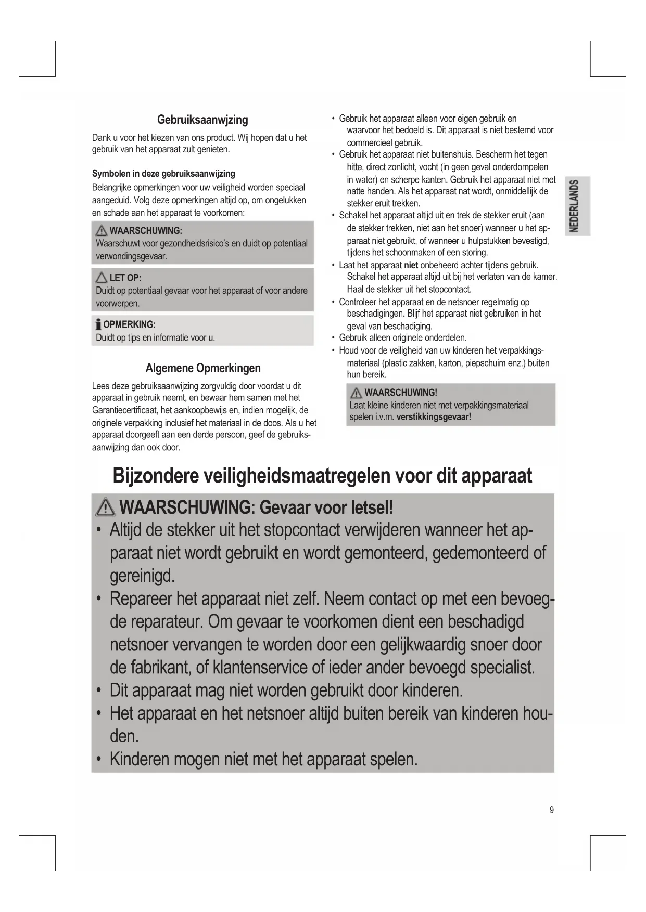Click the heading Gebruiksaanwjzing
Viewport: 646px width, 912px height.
(x=202, y=120)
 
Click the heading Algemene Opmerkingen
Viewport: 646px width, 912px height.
(x=203, y=369)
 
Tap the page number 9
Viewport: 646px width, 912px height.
(x=552, y=810)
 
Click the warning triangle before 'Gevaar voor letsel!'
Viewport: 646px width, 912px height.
(x=106, y=507)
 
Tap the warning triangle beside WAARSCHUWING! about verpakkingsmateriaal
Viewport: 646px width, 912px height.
(x=356, y=393)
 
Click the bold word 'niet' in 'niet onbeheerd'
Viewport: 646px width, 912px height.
(x=411, y=265)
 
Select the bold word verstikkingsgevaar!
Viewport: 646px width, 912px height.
(x=434, y=417)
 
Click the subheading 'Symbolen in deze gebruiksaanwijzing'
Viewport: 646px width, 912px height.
(x=163, y=174)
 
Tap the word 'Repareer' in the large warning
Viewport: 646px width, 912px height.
(x=141, y=599)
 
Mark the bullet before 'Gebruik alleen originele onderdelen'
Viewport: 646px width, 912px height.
(x=333, y=338)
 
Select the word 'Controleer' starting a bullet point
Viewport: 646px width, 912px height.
(x=359, y=302)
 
